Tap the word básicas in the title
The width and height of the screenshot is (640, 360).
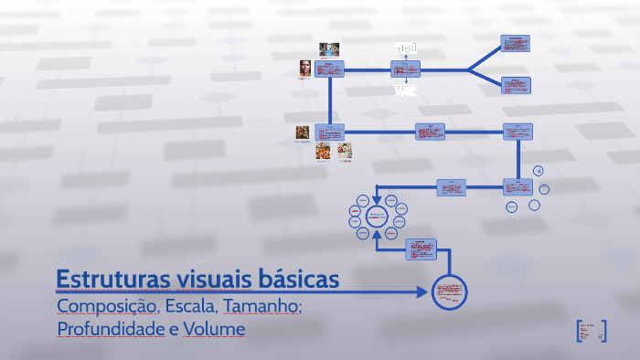(x=295, y=279)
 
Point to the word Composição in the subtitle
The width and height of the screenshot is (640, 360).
(x=107, y=306)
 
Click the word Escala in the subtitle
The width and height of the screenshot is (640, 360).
(x=189, y=306)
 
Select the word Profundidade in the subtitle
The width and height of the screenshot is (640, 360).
(x=110, y=328)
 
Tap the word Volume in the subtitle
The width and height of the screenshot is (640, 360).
(x=214, y=328)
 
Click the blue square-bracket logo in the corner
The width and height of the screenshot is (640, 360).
(x=592, y=330)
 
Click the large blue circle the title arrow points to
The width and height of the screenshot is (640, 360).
(x=450, y=292)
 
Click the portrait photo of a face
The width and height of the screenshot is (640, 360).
(x=304, y=69)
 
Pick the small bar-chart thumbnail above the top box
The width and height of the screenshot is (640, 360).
(x=405, y=47)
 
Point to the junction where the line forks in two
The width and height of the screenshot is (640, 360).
(x=469, y=69)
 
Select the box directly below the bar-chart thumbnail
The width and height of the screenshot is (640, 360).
(x=405, y=69)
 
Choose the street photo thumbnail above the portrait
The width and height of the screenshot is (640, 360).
(x=329, y=48)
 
